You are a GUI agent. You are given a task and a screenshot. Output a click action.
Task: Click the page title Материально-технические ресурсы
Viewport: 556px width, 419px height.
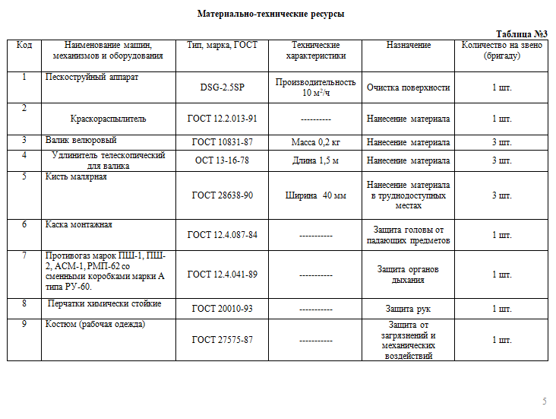click(x=264, y=14)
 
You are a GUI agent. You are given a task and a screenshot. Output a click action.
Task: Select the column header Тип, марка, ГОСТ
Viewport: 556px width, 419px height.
click(x=222, y=46)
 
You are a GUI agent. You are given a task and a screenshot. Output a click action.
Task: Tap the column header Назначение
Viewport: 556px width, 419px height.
click(x=408, y=46)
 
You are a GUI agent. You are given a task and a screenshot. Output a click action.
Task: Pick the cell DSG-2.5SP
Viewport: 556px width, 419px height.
click(x=222, y=87)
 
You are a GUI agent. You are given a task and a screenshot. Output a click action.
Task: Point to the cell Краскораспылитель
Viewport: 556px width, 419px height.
click(x=108, y=119)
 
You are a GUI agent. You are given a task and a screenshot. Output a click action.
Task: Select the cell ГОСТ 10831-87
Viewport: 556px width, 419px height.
click(x=222, y=142)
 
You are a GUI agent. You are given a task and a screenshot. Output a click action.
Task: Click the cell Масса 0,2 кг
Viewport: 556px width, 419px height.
click(x=315, y=142)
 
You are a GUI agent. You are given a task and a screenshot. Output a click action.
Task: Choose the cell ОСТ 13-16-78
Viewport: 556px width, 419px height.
click(x=222, y=160)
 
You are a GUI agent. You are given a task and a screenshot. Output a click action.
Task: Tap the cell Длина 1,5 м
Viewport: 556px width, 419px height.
click(x=315, y=160)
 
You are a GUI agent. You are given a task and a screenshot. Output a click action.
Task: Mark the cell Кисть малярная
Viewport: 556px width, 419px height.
click(x=76, y=177)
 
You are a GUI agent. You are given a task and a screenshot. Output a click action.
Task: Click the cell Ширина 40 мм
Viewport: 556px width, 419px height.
click(x=315, y=195)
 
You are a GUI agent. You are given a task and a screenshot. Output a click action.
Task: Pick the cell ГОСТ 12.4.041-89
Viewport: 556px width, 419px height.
click(x=222, y=275)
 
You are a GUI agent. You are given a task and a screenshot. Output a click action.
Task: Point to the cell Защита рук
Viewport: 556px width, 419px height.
click(x=408, y=309)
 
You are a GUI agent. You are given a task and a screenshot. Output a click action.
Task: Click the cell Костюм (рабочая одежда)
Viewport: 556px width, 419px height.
click(x=95, y=325)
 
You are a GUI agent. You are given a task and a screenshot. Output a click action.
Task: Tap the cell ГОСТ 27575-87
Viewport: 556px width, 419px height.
click(x=222, y=340)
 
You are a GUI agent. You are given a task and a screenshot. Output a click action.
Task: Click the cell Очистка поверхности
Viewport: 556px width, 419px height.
click(x=408, y=87)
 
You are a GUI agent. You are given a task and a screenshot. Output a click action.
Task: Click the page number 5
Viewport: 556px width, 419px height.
click(x=544, y=402)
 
